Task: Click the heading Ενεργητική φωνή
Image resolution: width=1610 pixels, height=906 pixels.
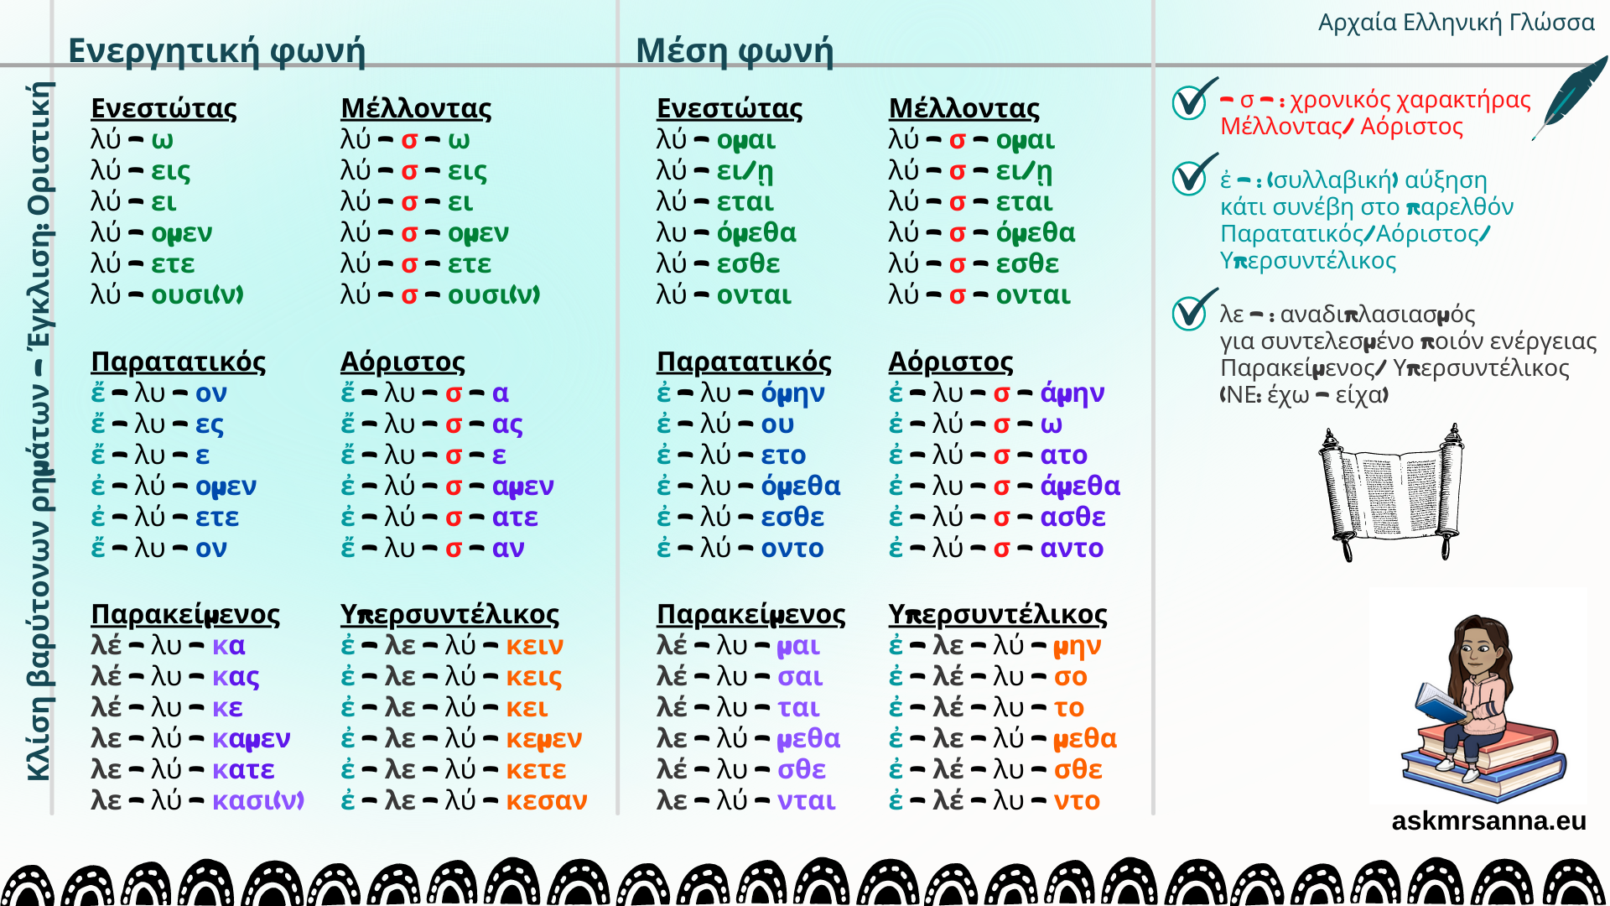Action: pyautogui.click(x=216, y=50)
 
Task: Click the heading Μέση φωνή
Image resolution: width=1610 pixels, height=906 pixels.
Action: pyautogui.click(x=735, y=50)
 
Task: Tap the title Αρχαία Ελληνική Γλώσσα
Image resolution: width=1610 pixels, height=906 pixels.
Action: pyautogui.click(x=1456, y=23)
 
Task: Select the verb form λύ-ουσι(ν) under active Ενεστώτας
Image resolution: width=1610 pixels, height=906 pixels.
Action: pyautogui.click(x=167, y=295)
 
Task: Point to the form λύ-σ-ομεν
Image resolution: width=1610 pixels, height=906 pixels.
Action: pyautogui.click(x=424, y=233)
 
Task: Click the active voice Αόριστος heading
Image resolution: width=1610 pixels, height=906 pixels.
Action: pyautogui.click(x=402, y=362)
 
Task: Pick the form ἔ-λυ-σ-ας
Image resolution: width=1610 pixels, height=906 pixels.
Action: pyautogui.click(x=431, y=424)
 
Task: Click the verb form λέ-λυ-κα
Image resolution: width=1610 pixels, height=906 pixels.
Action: pyautogui.click(x=168, y=646)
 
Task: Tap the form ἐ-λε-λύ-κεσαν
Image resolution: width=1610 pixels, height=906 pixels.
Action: pyautogui.click(x=464, y=801)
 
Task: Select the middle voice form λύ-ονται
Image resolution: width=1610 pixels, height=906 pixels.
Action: pyautogui.click(x=724, y=295)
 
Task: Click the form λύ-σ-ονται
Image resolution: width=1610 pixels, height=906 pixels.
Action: pyautogui.click(x=979, y=295)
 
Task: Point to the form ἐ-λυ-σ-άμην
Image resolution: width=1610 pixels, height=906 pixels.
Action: pyautogui.click(x=996, y=393)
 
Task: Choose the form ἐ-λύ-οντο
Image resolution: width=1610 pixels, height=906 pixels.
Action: pyautogui.click(x=740, y=549)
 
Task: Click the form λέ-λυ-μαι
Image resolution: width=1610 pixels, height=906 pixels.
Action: pyautogui.click(x=738, y=646)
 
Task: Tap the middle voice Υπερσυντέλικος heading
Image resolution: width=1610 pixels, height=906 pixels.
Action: pyautogui.click(x=997, y=614)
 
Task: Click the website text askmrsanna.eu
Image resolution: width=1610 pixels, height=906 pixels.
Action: pyautogui.click(x=1488, y=820)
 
